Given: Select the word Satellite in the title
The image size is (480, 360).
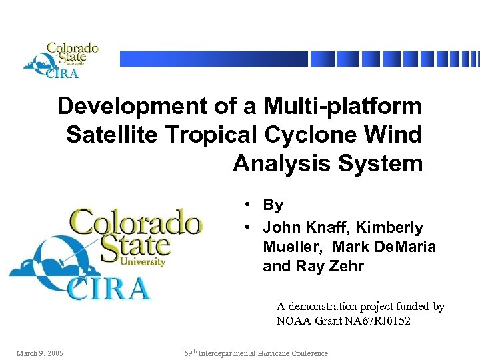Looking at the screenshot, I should pos(108,135).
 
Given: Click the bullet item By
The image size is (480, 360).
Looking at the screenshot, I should pos(273,205).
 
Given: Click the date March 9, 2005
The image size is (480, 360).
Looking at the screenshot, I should pos(41,353).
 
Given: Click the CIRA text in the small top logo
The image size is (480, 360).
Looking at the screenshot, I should pos(63,73).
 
